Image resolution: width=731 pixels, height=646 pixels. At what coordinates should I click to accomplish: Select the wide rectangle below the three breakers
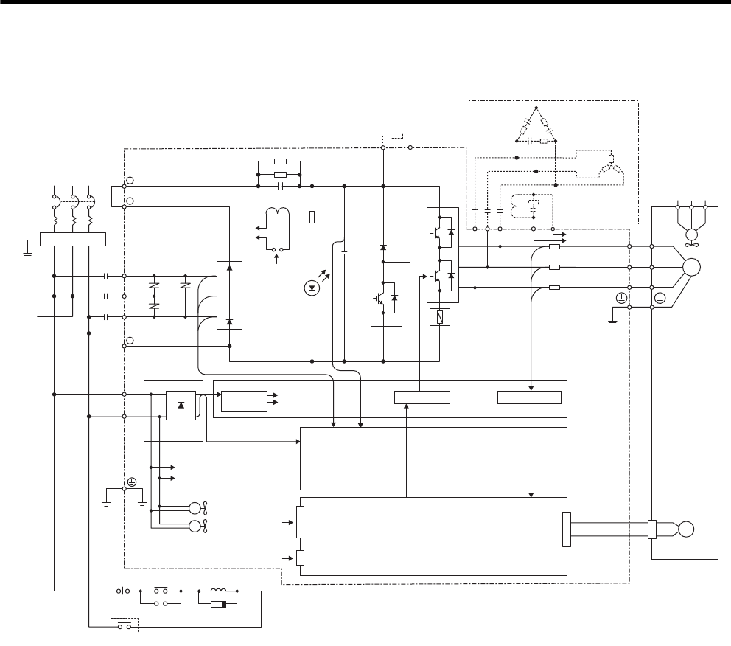click(73, 238)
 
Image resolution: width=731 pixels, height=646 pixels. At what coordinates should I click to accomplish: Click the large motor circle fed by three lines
click(692, 267)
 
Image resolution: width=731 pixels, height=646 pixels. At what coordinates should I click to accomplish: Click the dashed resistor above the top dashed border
click(396, 136)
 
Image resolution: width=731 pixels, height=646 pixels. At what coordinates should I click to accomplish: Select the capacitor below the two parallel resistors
click(280, 187)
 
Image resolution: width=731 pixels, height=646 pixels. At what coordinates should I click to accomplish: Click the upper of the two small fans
click(197, 507)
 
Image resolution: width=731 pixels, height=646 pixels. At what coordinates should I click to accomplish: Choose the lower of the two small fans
click(197, 526)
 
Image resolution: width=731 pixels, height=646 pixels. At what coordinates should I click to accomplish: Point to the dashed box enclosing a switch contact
click(125, 627)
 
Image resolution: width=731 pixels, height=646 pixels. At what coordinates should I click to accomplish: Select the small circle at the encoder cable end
click(686, 529)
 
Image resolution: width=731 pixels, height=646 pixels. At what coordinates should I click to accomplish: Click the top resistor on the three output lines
click(555, 248)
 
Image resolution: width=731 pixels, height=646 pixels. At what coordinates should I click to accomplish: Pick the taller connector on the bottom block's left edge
click(300, 523)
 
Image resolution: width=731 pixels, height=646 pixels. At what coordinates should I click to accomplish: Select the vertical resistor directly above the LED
click(312, 217)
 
